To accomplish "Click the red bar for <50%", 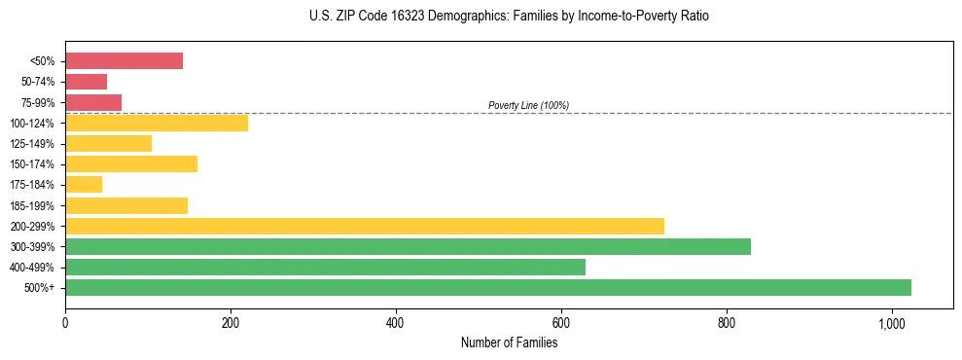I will pos(124,61).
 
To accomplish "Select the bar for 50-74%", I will pos(86,82).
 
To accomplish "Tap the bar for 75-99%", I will pos(93,102).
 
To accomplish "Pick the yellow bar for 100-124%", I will pos(157,123).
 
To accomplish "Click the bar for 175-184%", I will pos(84,184).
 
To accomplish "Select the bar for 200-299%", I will pos(365,226).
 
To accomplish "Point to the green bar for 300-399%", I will pos(408,246).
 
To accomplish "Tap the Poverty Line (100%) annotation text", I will pos(528,105).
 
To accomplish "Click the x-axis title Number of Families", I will pos(509,342).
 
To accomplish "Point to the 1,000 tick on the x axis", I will pos(891,323).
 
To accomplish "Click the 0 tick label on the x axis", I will pos(65,323).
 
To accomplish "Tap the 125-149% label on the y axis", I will pos(34,144).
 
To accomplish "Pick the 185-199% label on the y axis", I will pos(34,205).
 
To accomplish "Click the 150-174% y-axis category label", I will pos(34,164).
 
